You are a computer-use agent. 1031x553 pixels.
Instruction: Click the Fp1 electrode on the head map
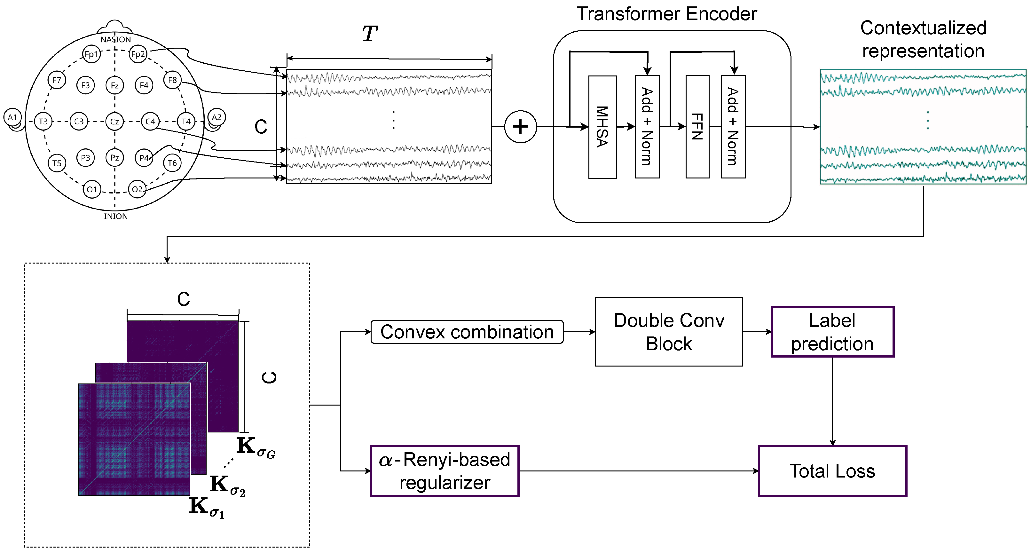(x=91, y=54)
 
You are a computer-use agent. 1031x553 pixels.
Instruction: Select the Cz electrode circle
(x=114, y=121)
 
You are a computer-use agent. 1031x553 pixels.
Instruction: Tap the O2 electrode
(x=137, y=189)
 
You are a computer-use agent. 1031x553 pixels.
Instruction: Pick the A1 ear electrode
(x=12, y=117)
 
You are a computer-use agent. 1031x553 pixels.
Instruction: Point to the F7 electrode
(x=57, y=80)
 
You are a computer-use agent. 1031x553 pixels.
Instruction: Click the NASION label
(x=115, y=40)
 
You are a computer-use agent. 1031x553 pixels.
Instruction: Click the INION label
(x=116, y=216)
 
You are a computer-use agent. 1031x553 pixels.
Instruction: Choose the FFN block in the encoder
(x=697, y=127)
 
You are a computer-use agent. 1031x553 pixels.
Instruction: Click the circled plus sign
(x=520, y=127)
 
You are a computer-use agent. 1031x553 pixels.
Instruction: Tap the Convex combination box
(x=467, y=332)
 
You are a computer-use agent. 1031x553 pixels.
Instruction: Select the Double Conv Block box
(x=668, y=332)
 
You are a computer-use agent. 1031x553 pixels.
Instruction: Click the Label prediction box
(x=832, y=332)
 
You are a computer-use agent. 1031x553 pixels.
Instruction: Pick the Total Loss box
(x=832, y=470)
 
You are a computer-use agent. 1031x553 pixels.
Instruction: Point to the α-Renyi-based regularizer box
(x=444, y=470)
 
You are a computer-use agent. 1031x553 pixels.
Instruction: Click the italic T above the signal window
(x=369, y=34)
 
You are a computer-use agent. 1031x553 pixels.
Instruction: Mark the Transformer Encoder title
(x=666, y=14)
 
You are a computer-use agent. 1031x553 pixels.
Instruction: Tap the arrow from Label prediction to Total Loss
(x=832, y=400)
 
